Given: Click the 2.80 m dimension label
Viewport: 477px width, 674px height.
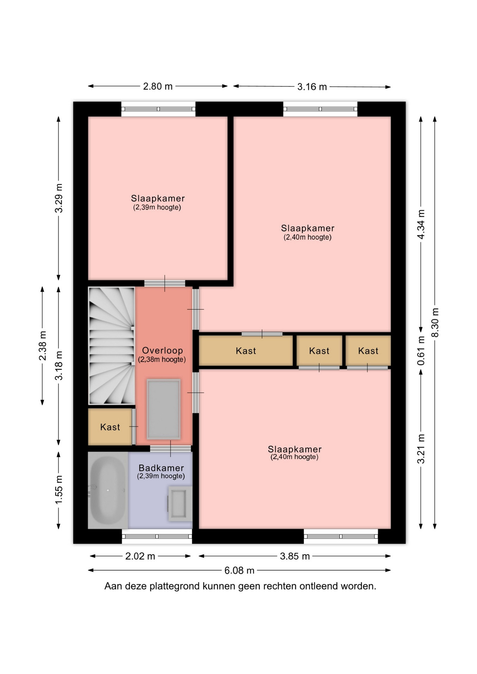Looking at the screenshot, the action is point(158,86).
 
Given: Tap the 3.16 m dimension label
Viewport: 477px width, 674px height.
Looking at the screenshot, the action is point(312,87).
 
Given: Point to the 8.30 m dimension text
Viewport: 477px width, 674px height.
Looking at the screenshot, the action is point(435,322).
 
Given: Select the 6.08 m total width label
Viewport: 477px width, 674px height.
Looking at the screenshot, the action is point(239,570).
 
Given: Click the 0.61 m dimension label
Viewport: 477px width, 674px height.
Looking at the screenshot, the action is point(421,350).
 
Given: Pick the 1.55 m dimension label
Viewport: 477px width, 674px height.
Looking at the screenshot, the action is point(59,489).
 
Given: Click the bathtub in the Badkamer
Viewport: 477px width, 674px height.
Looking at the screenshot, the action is point(108,490).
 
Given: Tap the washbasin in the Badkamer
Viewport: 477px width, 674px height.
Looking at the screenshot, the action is point(180,504).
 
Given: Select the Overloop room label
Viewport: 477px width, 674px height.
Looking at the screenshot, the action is point(162,350).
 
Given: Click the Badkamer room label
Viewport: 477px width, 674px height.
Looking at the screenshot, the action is point(161,468).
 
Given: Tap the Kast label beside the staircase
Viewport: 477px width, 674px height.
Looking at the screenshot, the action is point(110,427).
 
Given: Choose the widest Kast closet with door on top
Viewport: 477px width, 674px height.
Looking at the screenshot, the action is point(246,351).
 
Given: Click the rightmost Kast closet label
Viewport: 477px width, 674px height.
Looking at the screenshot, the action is point(368,351).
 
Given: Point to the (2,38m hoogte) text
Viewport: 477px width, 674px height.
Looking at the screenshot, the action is point(162,359).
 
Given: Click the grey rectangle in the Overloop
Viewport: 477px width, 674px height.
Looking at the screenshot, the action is point(164,409).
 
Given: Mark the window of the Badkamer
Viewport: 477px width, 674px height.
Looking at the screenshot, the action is point(157,536).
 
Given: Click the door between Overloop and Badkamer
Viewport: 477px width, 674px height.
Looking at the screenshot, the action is point(171,448).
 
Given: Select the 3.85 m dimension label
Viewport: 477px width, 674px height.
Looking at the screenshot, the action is point(295,556).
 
